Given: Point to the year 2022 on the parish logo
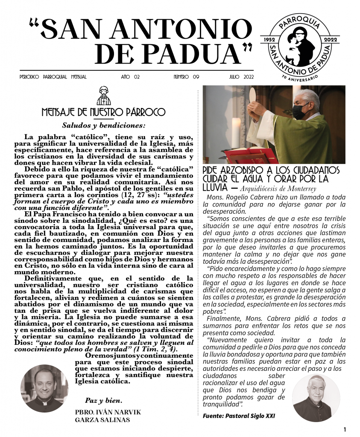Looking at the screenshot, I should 330,39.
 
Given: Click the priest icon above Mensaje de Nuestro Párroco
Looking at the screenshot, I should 103,96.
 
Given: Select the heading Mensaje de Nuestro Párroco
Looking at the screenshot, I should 103,113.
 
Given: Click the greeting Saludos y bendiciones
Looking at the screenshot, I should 104,125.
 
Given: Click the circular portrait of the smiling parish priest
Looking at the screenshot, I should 44,388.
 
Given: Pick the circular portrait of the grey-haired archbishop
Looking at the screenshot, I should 316,398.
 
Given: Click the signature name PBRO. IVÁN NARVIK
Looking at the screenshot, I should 108,412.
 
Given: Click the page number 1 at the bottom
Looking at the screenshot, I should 344,429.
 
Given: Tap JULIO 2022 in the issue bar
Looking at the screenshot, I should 241,77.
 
